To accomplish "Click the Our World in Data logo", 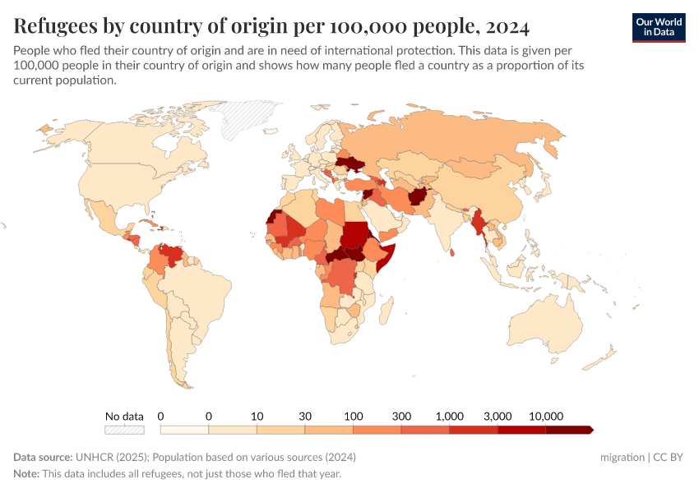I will coord(658,27).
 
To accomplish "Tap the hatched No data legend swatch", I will coord(124,429).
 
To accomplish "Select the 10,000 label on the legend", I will coord(546,416).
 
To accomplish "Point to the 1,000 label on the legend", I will coord(450,416).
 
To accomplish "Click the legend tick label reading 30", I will coord(305,416).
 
